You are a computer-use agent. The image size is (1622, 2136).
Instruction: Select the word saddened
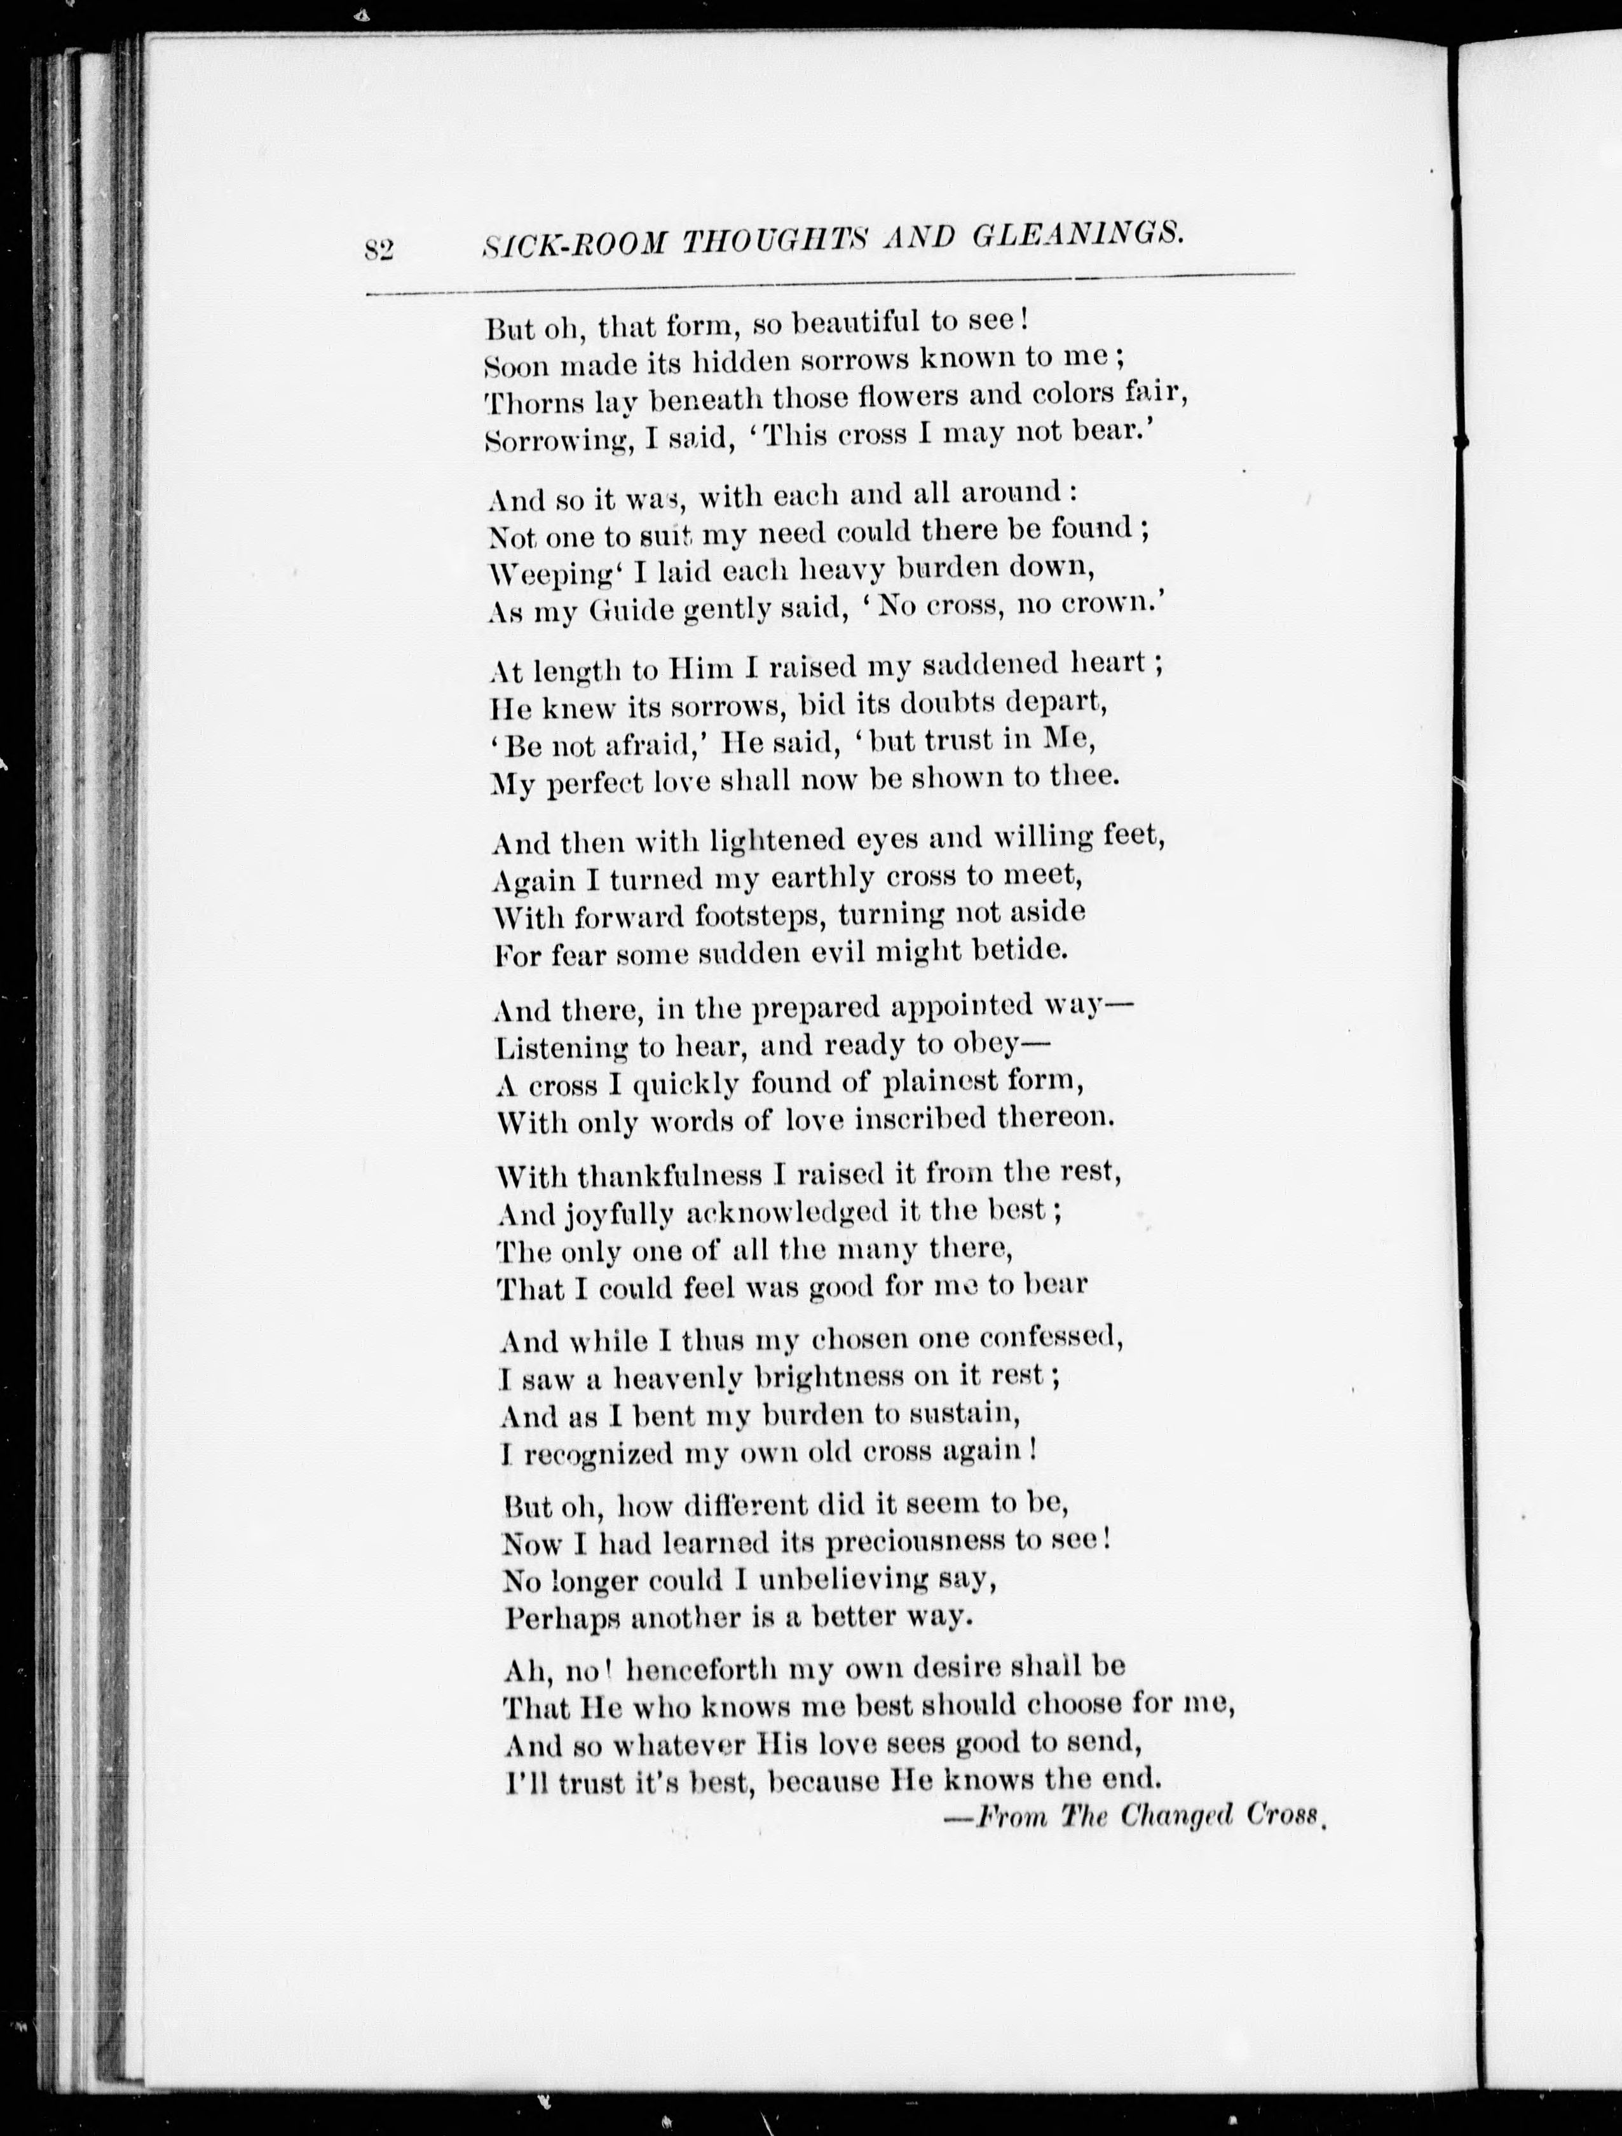coord(965,666)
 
